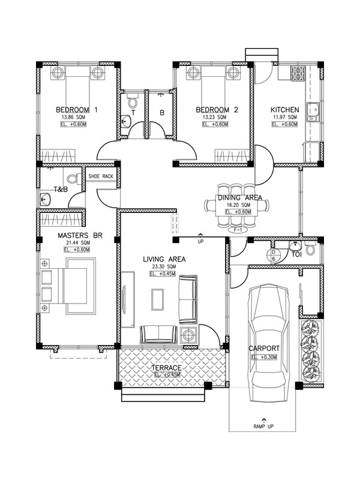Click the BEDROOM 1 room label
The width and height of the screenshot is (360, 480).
point(77,110)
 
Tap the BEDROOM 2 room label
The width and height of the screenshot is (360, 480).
point(217,110)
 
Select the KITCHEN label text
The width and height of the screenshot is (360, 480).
point(284,110)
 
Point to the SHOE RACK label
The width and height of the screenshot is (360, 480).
point(101,176)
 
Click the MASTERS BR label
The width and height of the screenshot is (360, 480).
point(80,235)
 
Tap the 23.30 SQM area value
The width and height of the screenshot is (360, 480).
point(164,266)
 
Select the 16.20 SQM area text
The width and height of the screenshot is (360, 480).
point(238,205)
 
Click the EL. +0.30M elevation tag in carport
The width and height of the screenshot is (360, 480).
point(264,357)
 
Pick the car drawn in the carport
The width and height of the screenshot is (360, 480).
point(269,343)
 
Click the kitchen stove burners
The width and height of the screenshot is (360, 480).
point(298,73)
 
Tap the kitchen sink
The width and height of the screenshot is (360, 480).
point(313,112)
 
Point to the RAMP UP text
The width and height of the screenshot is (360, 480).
point(263,426)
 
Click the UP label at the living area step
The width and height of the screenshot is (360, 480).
point(200,242)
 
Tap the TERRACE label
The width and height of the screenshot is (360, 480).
point(166,368)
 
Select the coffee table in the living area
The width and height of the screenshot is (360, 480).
point(158,299)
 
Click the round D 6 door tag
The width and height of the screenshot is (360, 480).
point(274,256)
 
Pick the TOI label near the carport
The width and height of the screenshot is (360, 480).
point(296,254)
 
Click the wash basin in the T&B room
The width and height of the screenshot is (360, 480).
point(46,199)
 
